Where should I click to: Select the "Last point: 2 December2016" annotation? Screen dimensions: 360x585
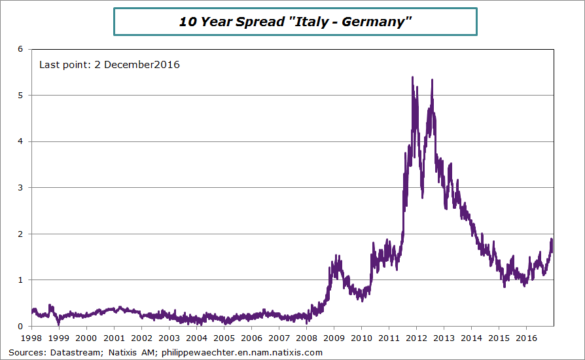[109, 65]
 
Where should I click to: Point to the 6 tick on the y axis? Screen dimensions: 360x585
[20, 49]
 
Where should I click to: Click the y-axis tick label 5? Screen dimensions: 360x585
[20, 96]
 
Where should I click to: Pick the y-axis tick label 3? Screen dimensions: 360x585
[20, 188]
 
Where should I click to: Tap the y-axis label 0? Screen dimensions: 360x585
[20, 326]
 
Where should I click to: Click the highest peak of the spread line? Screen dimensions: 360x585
[412, 77]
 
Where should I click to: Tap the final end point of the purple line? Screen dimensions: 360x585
[552, 251]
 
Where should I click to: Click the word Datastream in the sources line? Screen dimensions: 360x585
[71, 352]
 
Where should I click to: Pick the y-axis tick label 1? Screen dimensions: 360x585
[20, 280]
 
